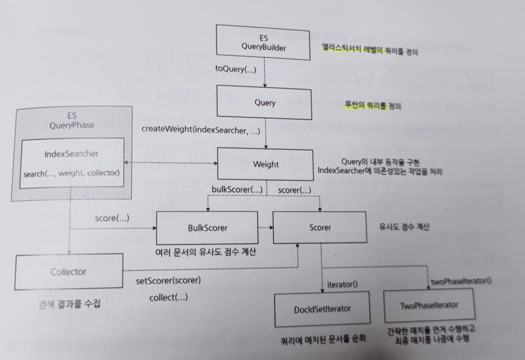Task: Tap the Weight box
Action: pos(266,165)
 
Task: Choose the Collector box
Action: pos(68,272)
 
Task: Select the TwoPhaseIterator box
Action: pos(429,305)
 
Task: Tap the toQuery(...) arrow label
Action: pos(236,70)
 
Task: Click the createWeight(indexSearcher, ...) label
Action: pos(200,129)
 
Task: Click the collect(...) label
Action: pos(168,297)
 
